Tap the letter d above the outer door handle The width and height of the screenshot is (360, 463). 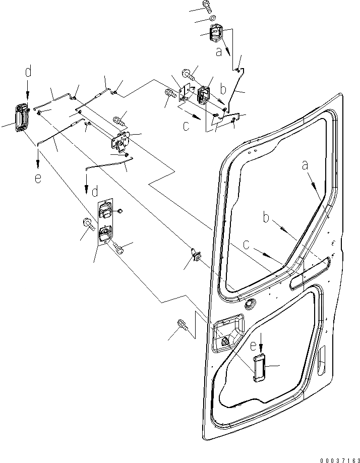pyautogui.click(x=28, y=72)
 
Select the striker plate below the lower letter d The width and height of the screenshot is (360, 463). pyautogui.click(x=105, y=222)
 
